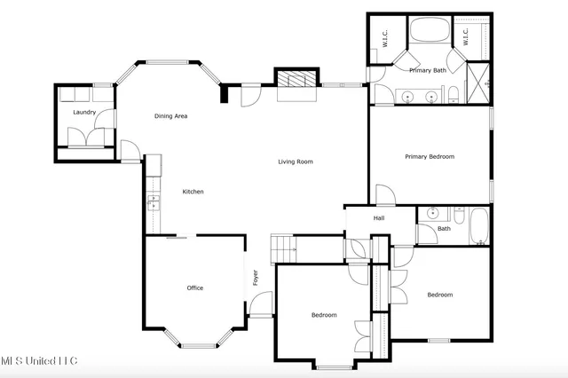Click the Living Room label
[x=296, y=161]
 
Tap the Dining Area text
[x=170, y=116]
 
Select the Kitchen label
[x=193, y=192]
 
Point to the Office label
[x=195, y=287]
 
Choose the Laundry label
[x=84, y=113]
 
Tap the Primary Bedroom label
[x=430, y=157]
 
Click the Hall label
[x=379, y=217]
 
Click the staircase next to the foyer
[x=283, y=247]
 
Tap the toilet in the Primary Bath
[x=452, y=95]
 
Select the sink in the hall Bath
[x=432, y=214]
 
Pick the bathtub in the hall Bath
[x=478, y=225]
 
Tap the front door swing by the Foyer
[x=261, y=306]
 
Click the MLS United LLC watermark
[x=39, y=360]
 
